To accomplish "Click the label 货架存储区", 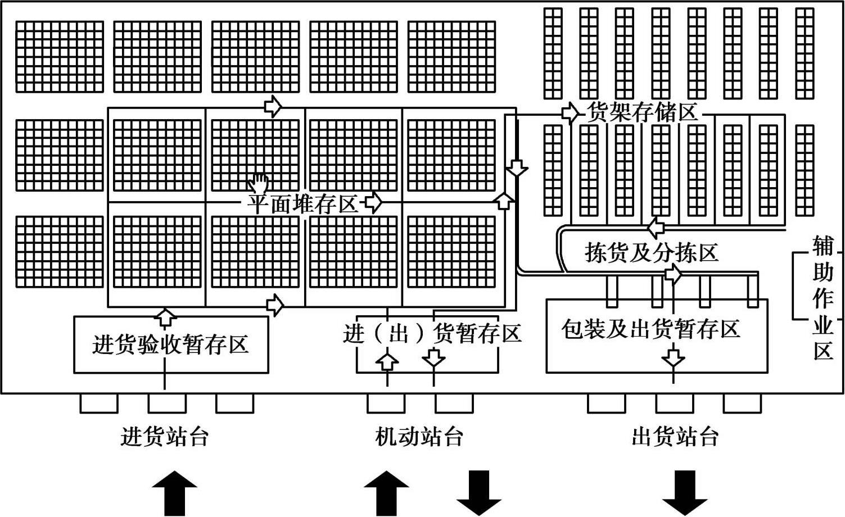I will click(641, 113).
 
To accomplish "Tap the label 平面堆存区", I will click(302, 203).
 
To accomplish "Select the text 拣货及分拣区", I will click(652, 253).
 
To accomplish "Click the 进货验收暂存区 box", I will click(171, 344).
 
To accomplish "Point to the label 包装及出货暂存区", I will click(651, 329).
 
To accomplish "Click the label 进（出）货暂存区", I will click(432, 333).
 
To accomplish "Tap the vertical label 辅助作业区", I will click(823, 298).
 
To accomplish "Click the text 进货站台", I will click(165, 437).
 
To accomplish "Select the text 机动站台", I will click(419, 437).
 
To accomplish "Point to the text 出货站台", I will click(675, 437).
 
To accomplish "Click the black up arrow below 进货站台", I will click(175, 493).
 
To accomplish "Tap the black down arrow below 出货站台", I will click(685, 493).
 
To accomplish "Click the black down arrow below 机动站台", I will click(478, 493).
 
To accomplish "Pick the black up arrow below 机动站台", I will click(386, 493).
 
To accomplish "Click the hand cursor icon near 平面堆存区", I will click(259, 183).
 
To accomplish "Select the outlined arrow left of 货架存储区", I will click(570, 114).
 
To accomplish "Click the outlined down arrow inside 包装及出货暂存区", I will click(673, 357).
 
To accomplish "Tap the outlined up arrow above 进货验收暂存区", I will click(165, 316).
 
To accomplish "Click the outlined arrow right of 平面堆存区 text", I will click(373, 202).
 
